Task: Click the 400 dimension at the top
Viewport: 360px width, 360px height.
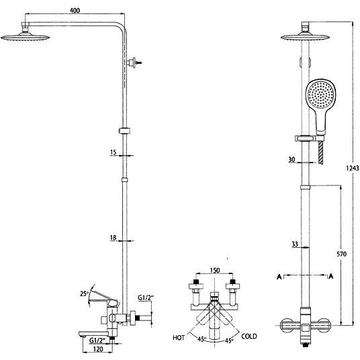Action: [x=75, y=10]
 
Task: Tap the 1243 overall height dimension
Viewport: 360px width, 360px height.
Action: [x=353, y=168]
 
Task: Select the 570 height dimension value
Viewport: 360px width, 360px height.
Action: [x=341, y=254]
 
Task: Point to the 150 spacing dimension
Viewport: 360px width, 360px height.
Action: [x=215, y=270]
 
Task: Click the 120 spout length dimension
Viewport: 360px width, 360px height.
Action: [x=98, y=349]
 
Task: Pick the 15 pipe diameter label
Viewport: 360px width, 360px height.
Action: [x=114, y=152]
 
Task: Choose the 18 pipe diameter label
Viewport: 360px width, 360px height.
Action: [x=113, y=237]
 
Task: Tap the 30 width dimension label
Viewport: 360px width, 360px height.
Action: [x=291, y=159]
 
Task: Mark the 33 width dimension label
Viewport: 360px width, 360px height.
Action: [x=295, y=244]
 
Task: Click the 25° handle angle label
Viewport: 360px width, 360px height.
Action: [x=84, y=294]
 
